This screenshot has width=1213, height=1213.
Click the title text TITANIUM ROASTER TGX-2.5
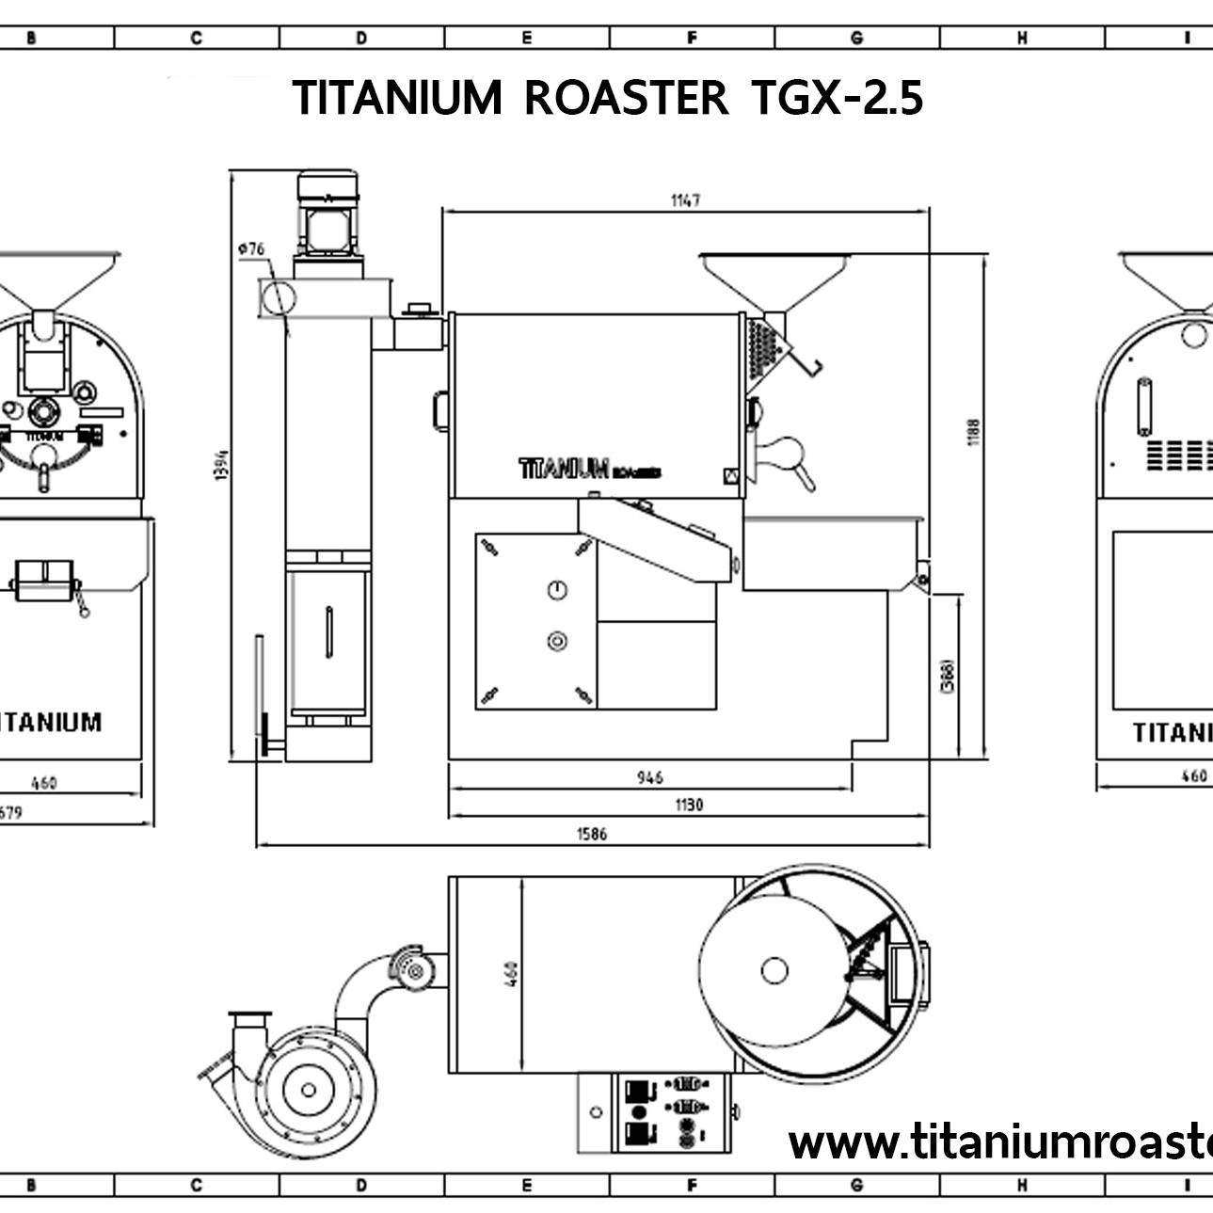tap(608, 98)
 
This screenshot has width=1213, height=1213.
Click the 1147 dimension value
tap(685, 200)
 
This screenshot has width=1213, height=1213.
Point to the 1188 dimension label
tap(974, 432)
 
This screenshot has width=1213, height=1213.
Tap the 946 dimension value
tap(649, 777)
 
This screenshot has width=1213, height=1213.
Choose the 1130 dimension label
tap(688, 805)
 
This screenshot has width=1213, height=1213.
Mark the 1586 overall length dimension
tap(593, 834)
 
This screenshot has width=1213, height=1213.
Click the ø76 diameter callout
tap(251, 248)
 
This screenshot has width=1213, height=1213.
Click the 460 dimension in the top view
tap(511, 975)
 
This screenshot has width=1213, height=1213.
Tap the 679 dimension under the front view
tap(9, 812)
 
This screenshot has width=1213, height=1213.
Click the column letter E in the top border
tap(526, 38)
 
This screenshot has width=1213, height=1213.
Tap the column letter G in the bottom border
tap(856, 1186)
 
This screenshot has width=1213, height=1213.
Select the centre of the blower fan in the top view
tap(308, 1090)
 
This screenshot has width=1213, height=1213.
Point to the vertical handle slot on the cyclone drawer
tap(328, 632)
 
